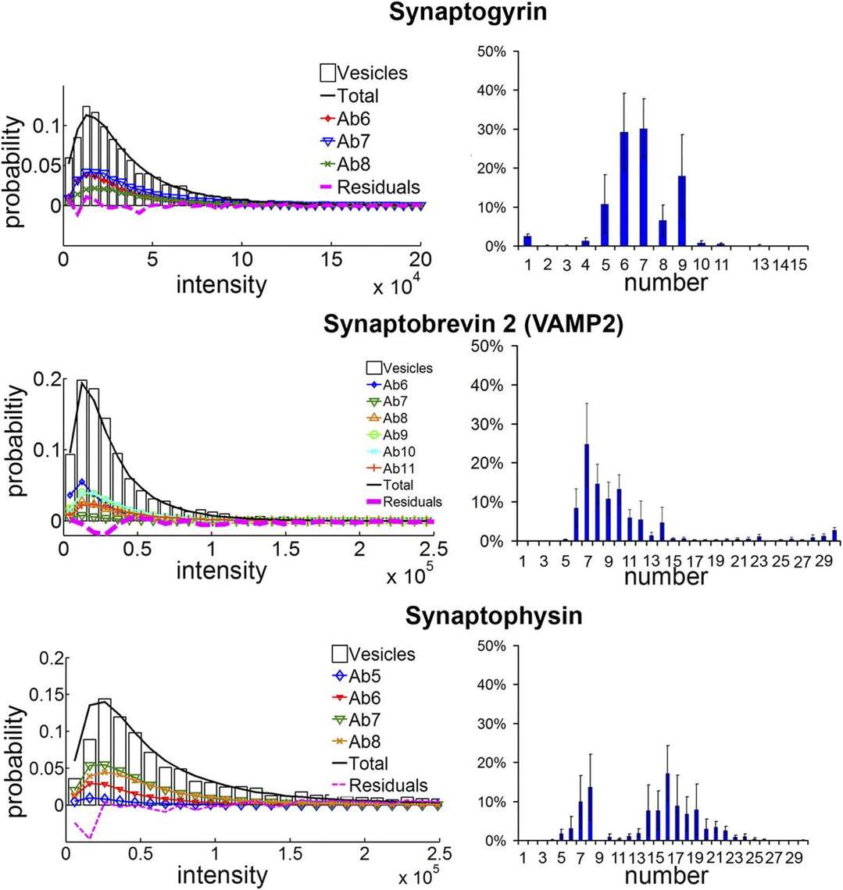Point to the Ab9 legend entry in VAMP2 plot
pyautogui.click(x=394, y=434)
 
